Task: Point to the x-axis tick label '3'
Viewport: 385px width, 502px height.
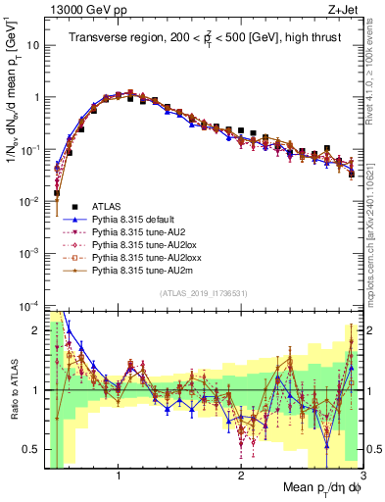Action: tap(362, 476)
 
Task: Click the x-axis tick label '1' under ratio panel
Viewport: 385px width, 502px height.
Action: tap(119, 476)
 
